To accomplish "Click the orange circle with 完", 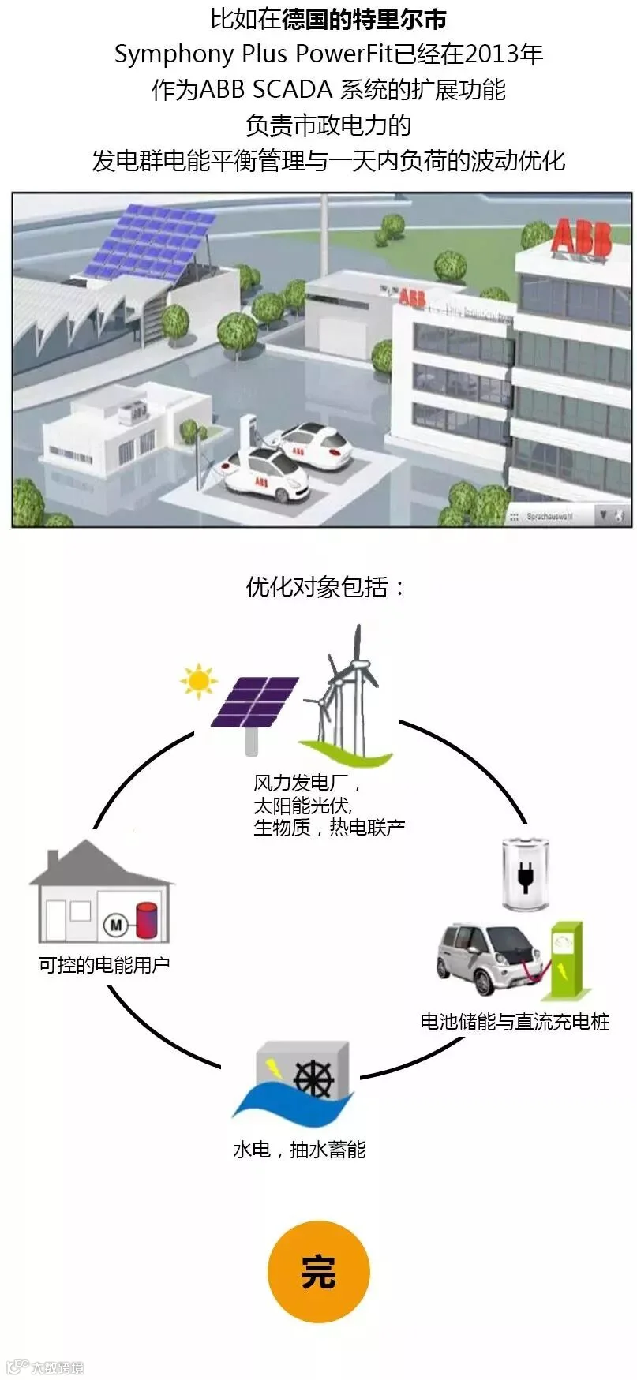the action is click(318, 1271).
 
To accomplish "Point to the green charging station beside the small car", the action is click(566, 956).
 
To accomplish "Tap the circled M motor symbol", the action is click(117, 925).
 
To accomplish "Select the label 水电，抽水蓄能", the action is click(299, 1149).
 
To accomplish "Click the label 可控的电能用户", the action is click(104, 964).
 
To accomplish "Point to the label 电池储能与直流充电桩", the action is click(515, 1022).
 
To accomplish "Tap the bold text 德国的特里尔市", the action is click(364, 19).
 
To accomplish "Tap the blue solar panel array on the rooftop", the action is click(150, 240).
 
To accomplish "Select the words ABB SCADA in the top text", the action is click(265, 90).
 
